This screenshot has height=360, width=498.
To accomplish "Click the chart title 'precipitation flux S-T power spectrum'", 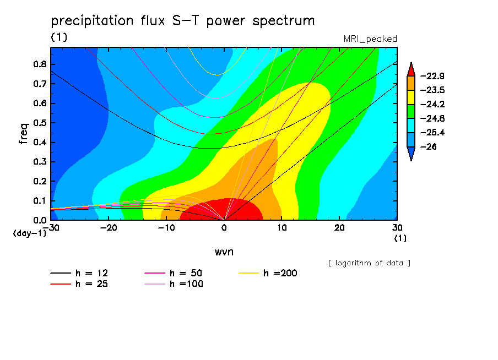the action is (183, 21).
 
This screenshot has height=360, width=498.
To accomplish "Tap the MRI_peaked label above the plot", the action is (370, 39).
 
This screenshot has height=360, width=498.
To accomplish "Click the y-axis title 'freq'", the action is (23, 134).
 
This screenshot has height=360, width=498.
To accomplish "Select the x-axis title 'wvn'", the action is (224, 252).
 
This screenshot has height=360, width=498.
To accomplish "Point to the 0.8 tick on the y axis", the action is (40, 64).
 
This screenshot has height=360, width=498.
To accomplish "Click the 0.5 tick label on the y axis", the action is (40, 123).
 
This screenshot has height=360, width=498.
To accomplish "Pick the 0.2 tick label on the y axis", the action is (40, 181).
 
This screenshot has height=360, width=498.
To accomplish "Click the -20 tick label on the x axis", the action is (109, 228).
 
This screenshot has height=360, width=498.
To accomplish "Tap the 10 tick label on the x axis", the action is (282, 228).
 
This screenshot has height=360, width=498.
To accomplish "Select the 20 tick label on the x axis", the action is (339, 228).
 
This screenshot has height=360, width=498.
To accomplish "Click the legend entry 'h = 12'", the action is (79, 273).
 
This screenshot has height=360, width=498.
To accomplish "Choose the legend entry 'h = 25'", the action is (79, 284).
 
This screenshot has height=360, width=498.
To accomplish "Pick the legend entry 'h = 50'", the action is (174, 273).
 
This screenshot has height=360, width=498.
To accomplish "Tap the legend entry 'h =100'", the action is (174, 284).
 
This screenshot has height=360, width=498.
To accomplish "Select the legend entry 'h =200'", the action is (268, 273).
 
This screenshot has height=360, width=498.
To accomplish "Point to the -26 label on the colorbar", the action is (429, 146).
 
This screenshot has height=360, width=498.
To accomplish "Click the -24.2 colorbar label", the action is (432, 105).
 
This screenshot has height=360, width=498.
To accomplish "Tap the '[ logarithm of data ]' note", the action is (370, 263).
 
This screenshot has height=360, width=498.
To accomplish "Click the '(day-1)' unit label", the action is (30, 233).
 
